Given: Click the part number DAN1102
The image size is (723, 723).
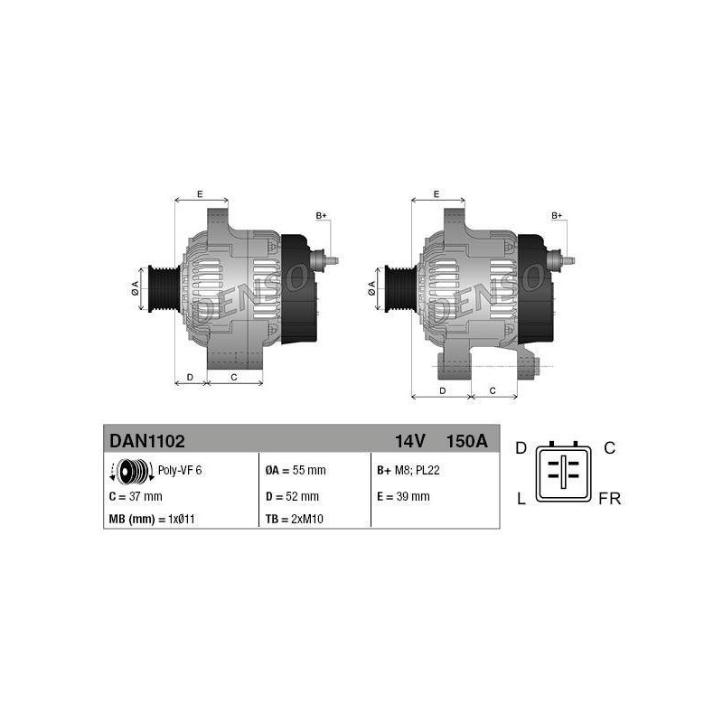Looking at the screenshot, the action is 146,441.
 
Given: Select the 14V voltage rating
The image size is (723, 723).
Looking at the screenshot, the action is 410,441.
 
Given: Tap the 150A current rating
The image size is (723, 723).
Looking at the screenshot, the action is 466,441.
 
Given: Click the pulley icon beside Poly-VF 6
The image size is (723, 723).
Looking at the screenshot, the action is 132,472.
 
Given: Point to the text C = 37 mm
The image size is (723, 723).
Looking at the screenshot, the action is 136,496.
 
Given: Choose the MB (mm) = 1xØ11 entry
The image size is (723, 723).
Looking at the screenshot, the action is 152,519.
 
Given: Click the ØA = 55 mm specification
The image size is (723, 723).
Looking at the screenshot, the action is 296,470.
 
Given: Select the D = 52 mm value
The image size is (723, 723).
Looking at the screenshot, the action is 292,496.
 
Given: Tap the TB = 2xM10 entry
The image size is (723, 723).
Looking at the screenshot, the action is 295,519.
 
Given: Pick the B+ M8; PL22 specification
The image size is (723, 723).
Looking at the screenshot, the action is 408,470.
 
